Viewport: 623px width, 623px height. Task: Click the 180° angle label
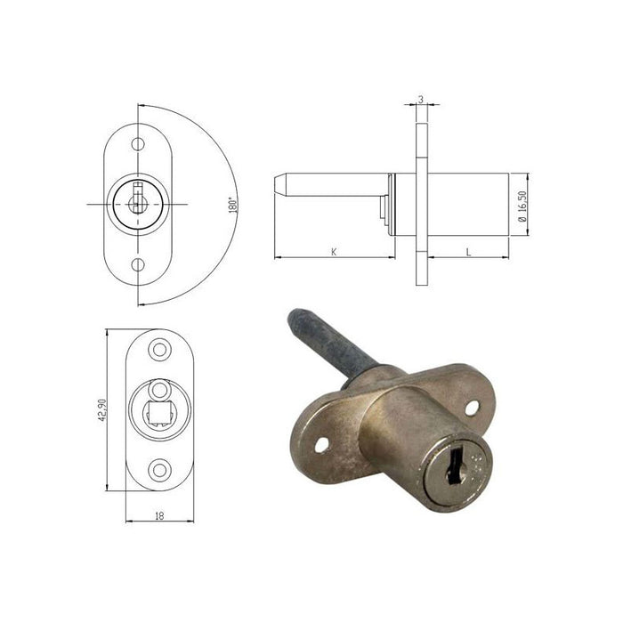[x=233, y=205]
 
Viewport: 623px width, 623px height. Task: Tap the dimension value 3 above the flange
[x=421, y=99]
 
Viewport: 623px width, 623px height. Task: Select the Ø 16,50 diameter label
[x=522, y=206]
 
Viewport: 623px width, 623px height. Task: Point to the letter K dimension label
[x=334, y=252]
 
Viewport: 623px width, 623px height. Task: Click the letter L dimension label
[x=468, y=252]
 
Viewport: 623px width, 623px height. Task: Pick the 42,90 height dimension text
[x=101, y=409]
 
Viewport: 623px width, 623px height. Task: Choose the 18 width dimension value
[x=159, y=516]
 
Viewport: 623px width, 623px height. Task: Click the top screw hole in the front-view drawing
[x=138, y=144]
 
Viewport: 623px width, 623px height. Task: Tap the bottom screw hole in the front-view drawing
[x=138, y=264]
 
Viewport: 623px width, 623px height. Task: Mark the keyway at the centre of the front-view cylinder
[x=137, y=198]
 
